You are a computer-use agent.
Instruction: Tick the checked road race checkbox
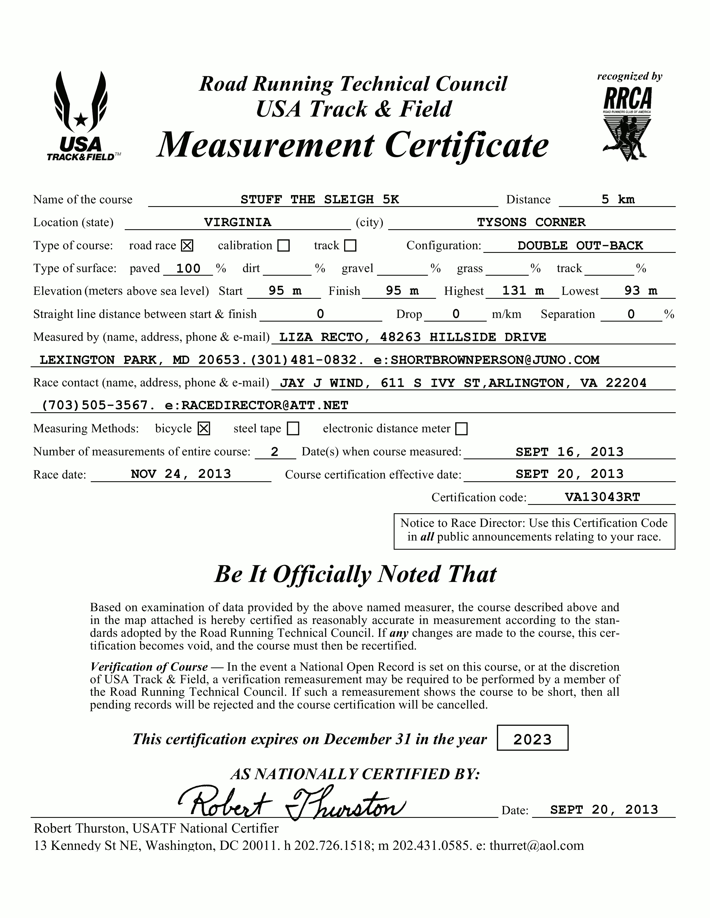click(x=187, y=245)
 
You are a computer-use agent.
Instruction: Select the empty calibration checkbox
click(x=284, y=245)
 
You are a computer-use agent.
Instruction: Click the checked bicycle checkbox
click(x=204, y=429)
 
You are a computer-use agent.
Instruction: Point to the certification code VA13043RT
click(x=602, y=497)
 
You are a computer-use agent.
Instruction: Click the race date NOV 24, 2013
click(x=181, y=474)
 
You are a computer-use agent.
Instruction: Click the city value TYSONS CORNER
click(x=531, y=222)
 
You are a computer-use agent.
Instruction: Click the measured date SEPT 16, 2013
click(x=569, y=452)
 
